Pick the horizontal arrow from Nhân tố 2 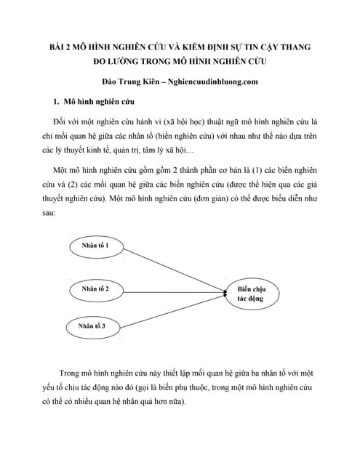175,290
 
